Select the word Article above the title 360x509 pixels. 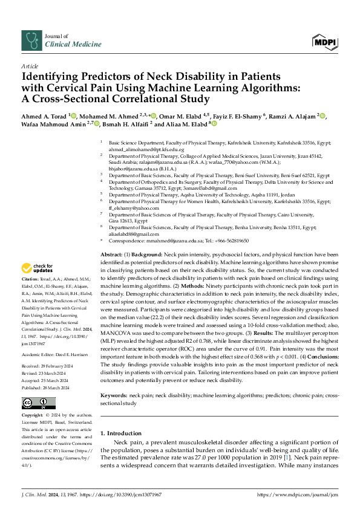(x=29, y=66)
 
